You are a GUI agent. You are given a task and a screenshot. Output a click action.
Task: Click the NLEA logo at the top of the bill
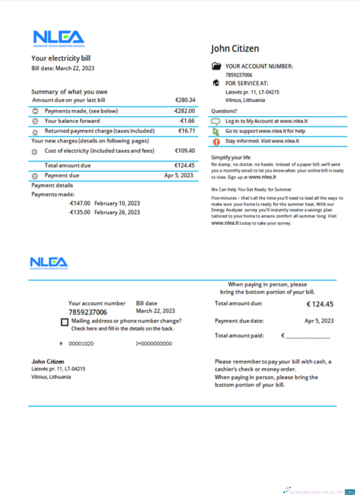click(x=58, y=38)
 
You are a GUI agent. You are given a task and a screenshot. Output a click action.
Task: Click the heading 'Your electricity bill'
click(x=61, y=58)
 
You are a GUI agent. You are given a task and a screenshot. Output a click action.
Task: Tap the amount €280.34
click(x=185, y=100)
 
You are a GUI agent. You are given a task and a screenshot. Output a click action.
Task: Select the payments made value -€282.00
click(x=184, y=111)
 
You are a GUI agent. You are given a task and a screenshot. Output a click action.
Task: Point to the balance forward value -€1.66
click(x=186, y=121)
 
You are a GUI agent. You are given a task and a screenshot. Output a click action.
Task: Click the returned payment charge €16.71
click(x=186, y=131)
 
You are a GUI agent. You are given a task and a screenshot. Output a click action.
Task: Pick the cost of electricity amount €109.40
click(x=184, y=150)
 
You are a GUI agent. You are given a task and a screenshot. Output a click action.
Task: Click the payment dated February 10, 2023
click(x=104, y=203)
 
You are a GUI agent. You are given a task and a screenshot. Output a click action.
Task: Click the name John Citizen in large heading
click(x=235, y=48)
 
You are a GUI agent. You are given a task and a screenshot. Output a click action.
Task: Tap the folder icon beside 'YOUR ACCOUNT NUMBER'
click(x=216, y=66)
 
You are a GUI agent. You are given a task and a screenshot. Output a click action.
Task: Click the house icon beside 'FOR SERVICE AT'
click(x=216, y=83)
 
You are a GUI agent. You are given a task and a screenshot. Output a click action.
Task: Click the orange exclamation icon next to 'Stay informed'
click(x=216, y=141)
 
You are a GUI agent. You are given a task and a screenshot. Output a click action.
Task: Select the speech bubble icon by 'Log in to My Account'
click(x=216, y=121)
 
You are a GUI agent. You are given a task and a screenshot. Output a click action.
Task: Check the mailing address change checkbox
click(x=64, y=322)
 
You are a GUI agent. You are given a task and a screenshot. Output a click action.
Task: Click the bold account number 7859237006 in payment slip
click(x=87, y=312)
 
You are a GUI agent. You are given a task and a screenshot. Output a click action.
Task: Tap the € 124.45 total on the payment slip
click(x=319, y=304)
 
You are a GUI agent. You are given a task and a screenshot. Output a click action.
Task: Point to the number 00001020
click(x=81, y=343)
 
